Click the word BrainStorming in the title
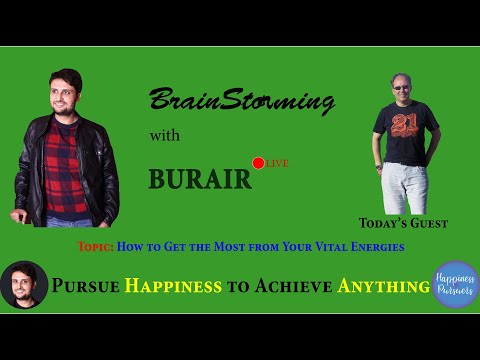(x=240, y=101)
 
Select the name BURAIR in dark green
(x=200, y=178)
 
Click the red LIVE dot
(x=258, y=163)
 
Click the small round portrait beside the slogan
(x=24, y=285)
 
